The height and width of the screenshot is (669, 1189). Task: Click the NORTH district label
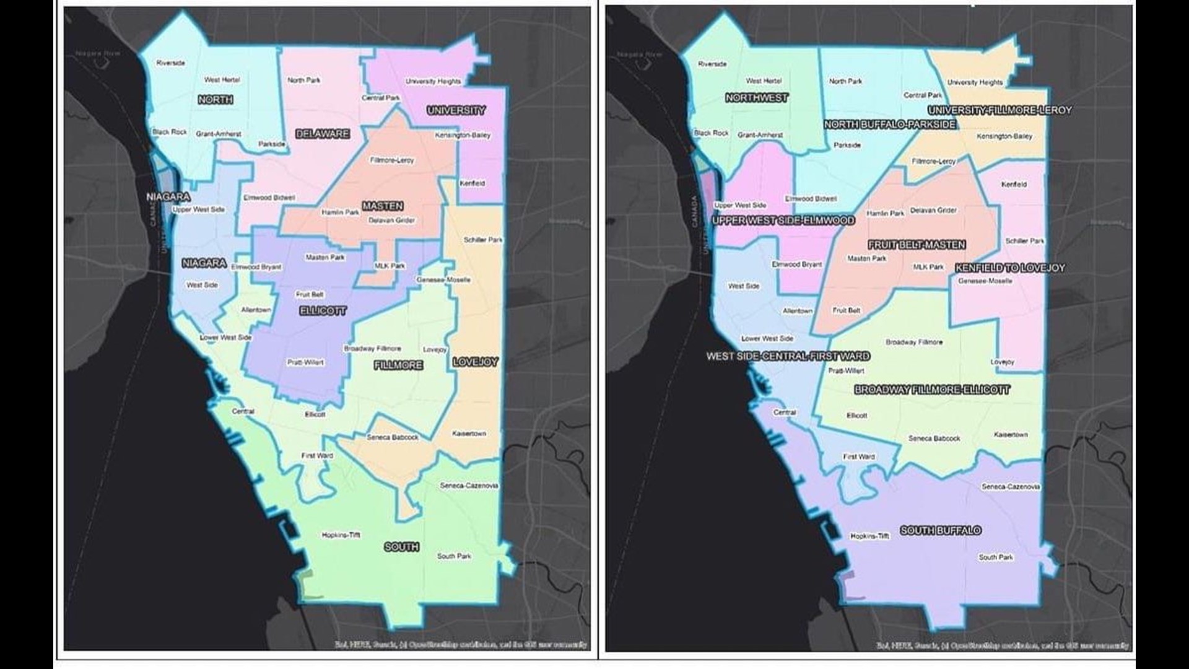216,100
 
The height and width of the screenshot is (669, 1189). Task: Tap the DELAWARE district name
323,134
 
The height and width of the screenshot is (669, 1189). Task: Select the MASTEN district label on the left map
383,206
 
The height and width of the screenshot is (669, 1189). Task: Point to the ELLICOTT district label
323,311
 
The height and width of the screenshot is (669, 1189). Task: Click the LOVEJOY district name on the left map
476,362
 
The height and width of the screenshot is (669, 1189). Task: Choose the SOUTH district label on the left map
401,547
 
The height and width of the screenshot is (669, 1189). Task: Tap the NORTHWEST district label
757,98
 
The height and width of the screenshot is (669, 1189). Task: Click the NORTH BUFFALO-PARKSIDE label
890,125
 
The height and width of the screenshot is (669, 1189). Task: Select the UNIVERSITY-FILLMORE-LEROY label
1000,110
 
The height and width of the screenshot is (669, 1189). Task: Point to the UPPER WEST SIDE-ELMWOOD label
783,221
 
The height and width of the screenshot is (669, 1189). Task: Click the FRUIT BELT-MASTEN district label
917,245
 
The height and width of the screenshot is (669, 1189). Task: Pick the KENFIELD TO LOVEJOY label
1010,268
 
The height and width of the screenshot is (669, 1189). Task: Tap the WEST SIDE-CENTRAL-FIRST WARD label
788,356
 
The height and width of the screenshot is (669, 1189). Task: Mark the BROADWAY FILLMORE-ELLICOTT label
932,390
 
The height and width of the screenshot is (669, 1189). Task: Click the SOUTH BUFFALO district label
941,530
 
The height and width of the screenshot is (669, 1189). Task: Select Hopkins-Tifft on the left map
341,535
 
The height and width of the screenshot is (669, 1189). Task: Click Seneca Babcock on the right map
934,439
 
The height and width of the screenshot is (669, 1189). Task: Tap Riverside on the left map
170,63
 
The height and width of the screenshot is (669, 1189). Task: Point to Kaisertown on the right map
1011,435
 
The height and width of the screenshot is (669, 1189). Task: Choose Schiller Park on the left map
483,240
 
